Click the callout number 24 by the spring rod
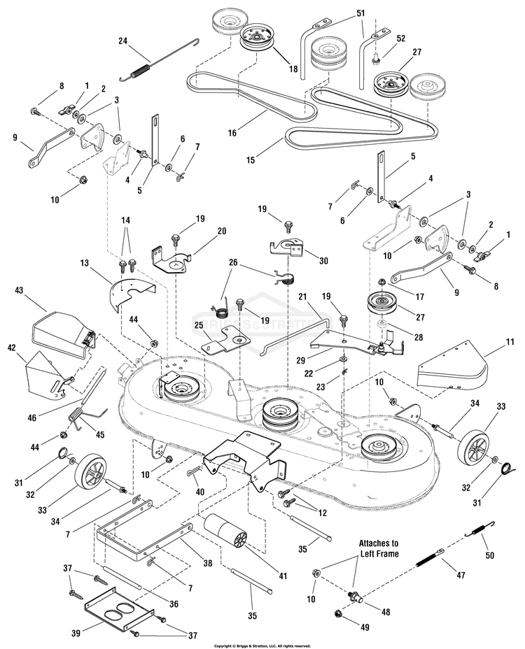(x=122, y=41)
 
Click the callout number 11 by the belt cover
(x=510, y=342)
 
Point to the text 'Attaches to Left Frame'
(x=379, y=548)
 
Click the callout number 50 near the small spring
(x=490, y=555)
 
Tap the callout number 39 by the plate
(x=76, y=634)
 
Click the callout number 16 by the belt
(x=232, y=132)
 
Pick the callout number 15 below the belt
(x=251, y=160)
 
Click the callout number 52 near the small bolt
(x=400, y=38)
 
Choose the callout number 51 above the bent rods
(x=361, y=13)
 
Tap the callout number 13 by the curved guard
(x=85, y=263)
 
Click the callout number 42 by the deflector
(x=11, y=348)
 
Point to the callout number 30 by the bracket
(x=323, y=260)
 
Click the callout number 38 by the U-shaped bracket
(x=207, y=563)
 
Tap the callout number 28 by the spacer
(x=419, y=337)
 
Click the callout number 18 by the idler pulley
(x=293, y=69)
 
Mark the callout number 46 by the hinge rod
(x=32, y=418)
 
